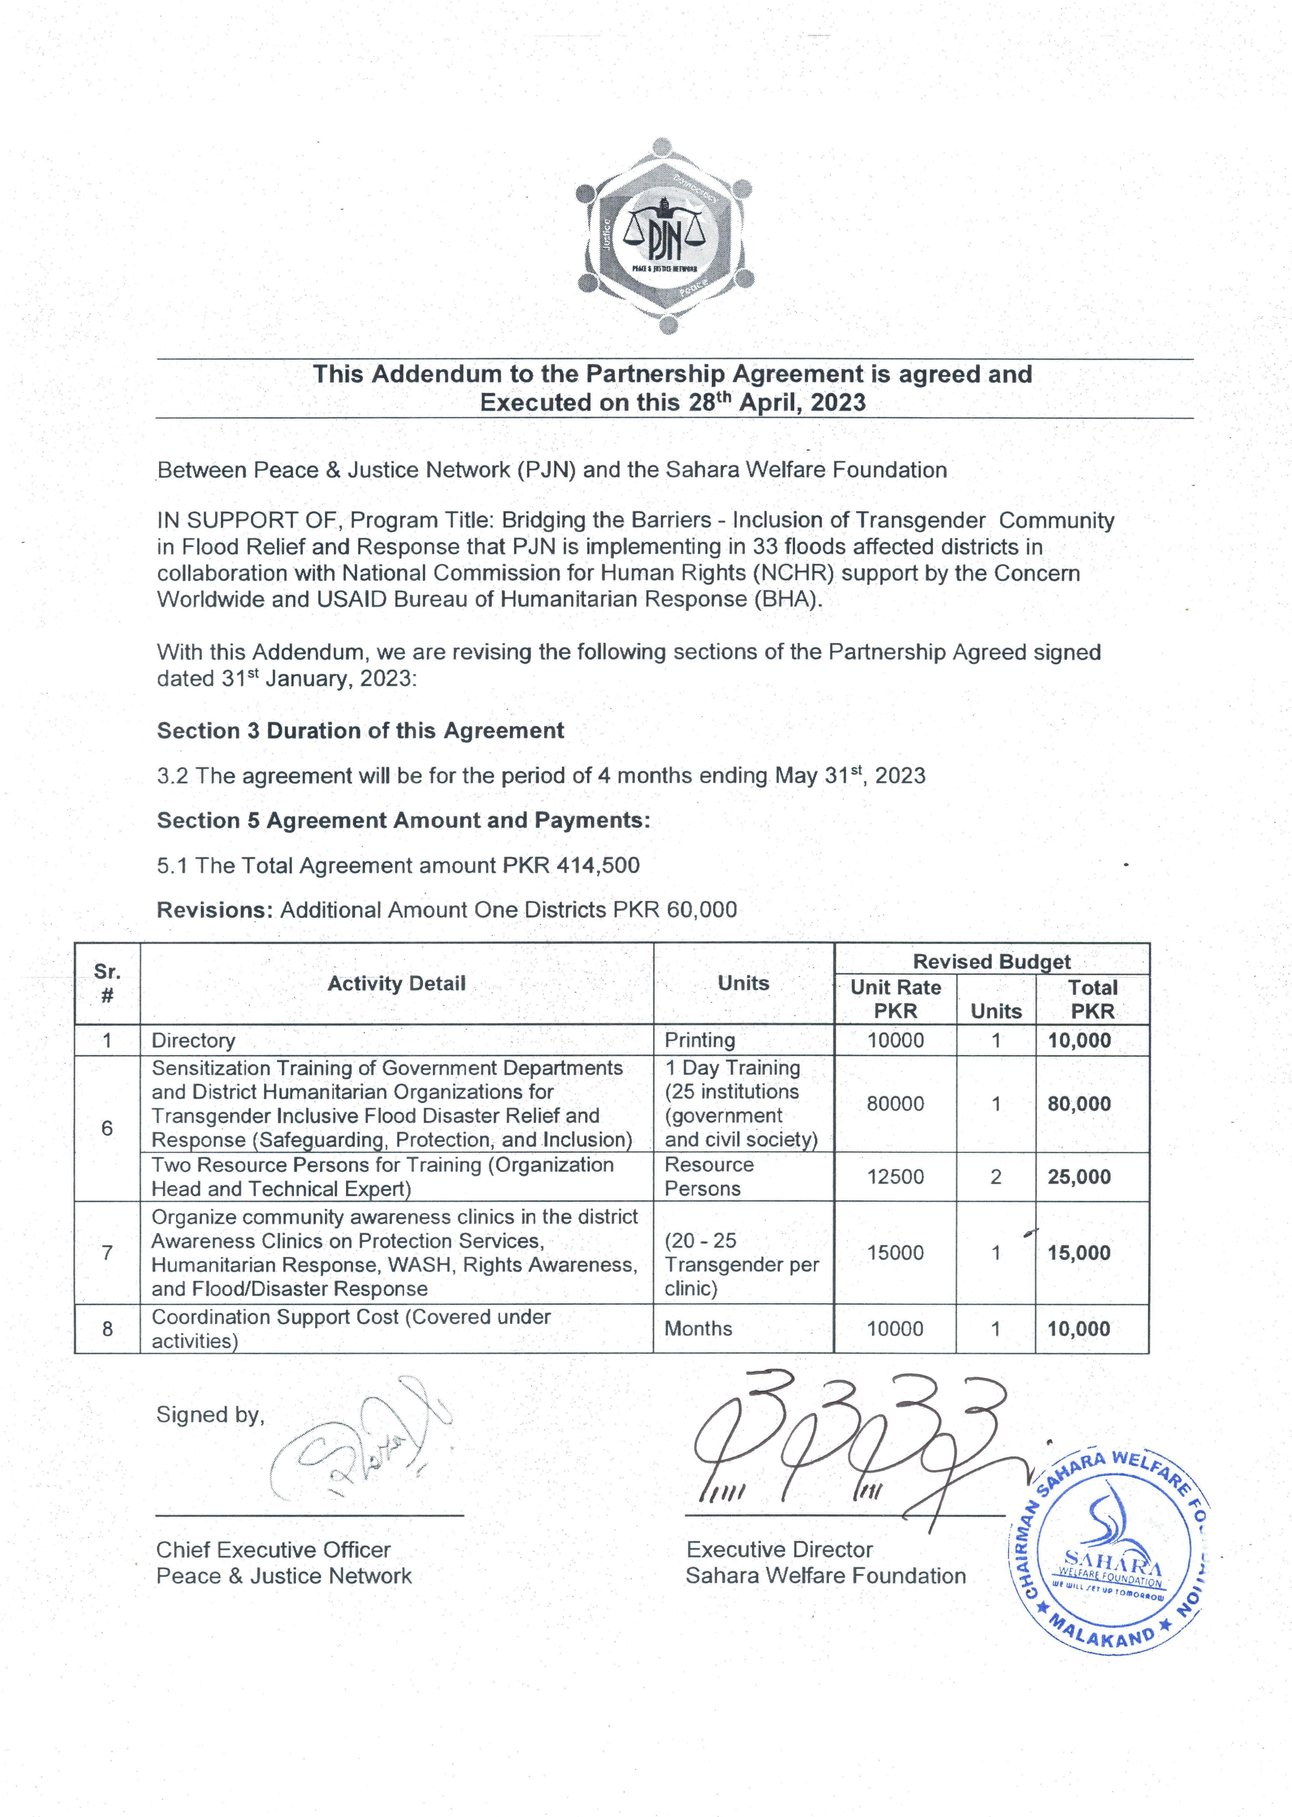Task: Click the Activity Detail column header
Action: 396,984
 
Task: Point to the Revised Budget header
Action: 991,961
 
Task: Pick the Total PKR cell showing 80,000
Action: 1079,1104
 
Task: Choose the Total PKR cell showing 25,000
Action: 1079,1177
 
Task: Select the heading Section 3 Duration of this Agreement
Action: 360,731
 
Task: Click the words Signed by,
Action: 210,1414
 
